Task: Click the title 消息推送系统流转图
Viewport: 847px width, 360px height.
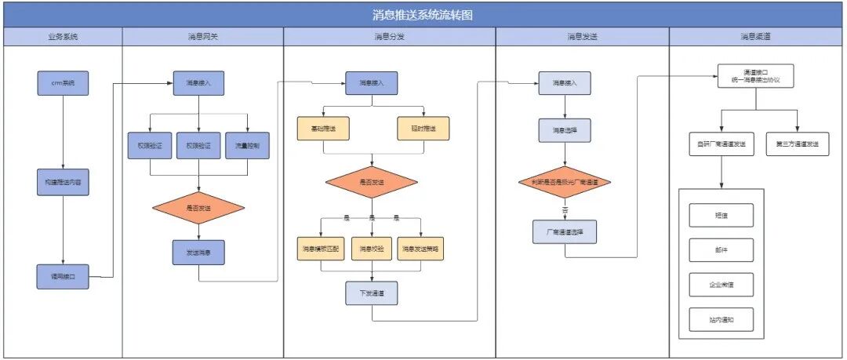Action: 423,15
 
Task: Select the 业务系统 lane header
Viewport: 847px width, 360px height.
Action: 63,37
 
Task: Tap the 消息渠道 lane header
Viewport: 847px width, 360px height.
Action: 757,37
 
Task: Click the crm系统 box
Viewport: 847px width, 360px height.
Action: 63,83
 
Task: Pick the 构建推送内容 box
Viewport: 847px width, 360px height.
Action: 63,182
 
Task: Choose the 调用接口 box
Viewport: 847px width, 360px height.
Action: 63,277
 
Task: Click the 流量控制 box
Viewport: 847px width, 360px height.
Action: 247,145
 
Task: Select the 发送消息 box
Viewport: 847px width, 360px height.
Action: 198,253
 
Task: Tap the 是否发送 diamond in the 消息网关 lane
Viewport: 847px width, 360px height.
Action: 198,208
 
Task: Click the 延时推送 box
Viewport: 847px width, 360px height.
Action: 423,129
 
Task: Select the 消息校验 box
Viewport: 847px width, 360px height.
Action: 372,249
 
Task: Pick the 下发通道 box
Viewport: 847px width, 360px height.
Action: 372,293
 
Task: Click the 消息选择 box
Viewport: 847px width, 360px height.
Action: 564,130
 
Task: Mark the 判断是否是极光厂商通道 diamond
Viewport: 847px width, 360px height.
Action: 564,182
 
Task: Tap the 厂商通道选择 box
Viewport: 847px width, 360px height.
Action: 564,232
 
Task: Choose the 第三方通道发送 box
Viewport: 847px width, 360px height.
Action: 798,144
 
